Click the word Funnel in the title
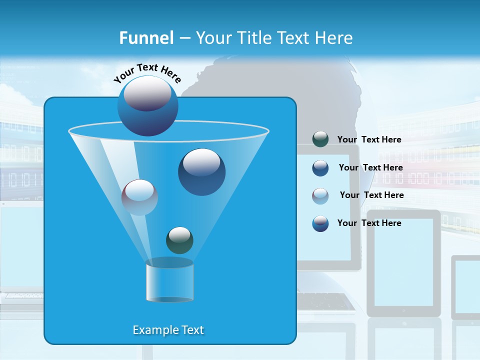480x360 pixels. coord(146,38)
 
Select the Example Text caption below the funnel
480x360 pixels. coord(168,330)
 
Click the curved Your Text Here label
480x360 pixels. coord(147,73)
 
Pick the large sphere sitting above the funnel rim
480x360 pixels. coord(148,105)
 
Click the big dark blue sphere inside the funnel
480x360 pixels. coord(201,172)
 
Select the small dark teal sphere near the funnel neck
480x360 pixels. coord(179,240)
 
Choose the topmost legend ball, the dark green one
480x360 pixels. coord(320,139)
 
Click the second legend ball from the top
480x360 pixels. coord(320,168)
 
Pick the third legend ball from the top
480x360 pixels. coord(320,195)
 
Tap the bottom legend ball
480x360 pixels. coord(320,223)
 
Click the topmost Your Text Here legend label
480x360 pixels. coord(369,139)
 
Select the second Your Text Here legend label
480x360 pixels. coord(370,167)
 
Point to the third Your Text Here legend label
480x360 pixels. coord(371,195)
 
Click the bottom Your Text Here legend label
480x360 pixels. coord(369,223)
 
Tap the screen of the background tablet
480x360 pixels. coord(403,262)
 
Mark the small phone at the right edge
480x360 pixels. coord(466,287)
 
